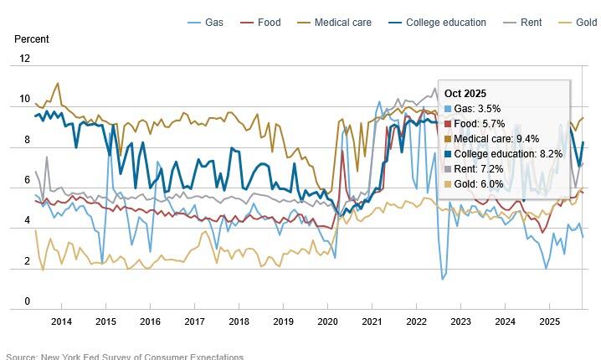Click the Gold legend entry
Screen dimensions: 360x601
(583, 22)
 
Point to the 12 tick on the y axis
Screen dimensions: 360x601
(24, 59)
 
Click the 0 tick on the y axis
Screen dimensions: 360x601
(27, 301)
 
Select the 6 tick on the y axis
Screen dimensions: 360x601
(27, 180)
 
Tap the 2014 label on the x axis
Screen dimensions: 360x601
(61, 321)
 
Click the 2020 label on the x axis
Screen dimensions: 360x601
(327, 321)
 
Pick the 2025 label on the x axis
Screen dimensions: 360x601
(549, 321)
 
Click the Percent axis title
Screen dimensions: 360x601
(31, 39)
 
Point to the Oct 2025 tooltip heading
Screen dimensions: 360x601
(465, 93)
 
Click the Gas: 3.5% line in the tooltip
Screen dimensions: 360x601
(477, 109)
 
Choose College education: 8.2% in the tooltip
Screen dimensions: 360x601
(506, 154)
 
